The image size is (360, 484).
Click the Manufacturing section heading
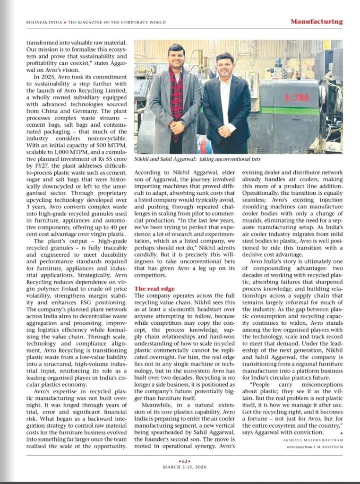[x=316, y=21]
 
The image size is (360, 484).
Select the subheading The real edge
[x=154, y=288]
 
